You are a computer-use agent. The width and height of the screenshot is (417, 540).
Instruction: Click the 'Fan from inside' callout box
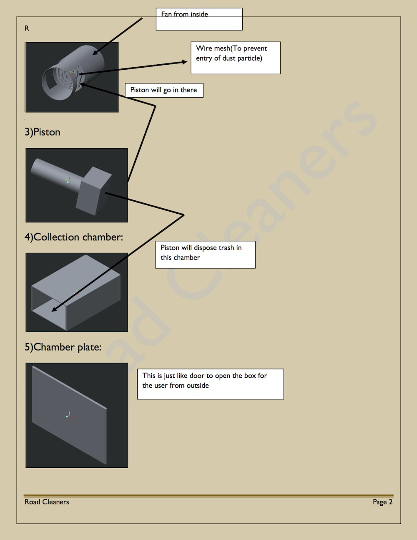click(199, 19)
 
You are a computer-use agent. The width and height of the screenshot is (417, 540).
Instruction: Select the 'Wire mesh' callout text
click(231, 53)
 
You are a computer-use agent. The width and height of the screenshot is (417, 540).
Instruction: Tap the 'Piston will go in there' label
click(164, 90)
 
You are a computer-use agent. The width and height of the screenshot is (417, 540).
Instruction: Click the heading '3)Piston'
click(43, 132)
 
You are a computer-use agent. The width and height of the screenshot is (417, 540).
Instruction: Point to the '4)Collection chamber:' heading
click(74, 237)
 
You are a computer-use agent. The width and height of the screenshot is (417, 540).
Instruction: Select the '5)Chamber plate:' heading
click(63, 347)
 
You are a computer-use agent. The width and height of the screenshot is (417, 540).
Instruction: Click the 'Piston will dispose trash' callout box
click(205, 255)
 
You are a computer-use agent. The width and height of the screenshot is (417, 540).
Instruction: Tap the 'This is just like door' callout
click(211, 384)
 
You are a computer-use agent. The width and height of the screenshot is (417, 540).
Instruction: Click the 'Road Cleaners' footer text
click(47, 502)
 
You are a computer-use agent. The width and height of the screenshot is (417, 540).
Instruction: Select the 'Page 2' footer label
click(382, 502)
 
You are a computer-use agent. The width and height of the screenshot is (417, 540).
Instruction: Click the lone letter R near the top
click(27, 28)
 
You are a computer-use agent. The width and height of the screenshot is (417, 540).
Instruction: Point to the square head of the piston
click(93, 191)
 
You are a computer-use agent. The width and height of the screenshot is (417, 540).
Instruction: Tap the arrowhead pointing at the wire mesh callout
click(184, 62)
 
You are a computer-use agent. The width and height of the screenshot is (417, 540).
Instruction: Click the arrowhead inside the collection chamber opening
click(54, 309)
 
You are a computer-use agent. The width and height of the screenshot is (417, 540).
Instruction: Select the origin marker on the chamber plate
click(69, 415)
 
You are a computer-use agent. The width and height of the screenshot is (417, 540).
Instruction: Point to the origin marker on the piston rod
click(68, 180)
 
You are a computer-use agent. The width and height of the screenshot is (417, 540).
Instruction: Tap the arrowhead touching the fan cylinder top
click(95, 53)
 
